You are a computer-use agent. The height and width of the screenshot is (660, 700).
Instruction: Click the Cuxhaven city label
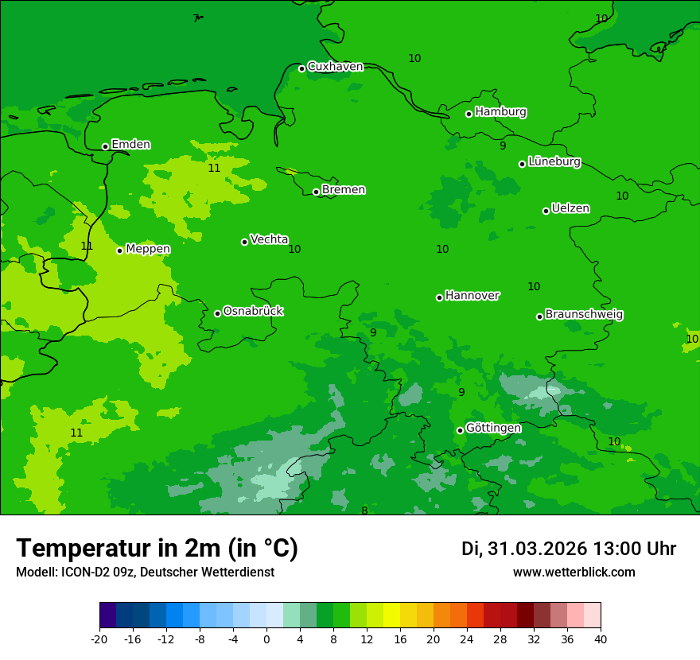pyautogui.click(x=335, y=67)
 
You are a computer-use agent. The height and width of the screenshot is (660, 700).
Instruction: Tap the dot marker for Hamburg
pyautogui.click(x=469, y=114)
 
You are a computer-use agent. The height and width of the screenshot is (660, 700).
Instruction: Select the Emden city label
pyautogui.click(x=130, y=145)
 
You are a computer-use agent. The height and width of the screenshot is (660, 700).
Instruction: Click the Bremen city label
pyautogui.click(x=344, y=190)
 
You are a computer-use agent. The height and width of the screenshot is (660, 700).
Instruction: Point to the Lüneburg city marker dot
pyautogui.click(x=523, y=164)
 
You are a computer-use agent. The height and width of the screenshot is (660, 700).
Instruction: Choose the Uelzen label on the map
pyautogui.click(x=570, y=209)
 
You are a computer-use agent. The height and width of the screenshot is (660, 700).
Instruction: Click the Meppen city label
pyautogui.click(x=148, y=249)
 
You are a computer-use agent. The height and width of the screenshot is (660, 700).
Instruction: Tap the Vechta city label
pyautogui.click(x=269, y=239)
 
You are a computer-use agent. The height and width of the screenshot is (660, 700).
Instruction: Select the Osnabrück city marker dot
pyautogui.click(x=218, y=313)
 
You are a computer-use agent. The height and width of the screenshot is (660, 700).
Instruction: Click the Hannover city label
pyautogui.click(x=472, y=296)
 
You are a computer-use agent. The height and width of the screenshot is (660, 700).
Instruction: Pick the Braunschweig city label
pyautogui.click(x=584, y=315)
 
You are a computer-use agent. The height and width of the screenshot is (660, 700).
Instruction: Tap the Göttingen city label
pyautogui.click(x=493, y=429)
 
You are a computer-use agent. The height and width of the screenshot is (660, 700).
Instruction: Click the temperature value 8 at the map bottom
pyautogui.click(x=364, y=511)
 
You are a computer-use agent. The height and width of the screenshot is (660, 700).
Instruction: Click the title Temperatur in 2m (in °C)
pyautogui.click(x=157, y=548)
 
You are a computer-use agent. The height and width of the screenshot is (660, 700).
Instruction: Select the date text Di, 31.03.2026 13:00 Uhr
pyautogui.click(x=568, y=549)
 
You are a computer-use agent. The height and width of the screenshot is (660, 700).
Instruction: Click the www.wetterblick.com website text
pyautogui.click(x=574, y=572)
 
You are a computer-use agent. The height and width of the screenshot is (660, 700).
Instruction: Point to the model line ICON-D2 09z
pyautogui.click(x=145, y=572)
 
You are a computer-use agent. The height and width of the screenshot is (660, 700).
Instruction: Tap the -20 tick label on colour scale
pyautogui.click(x=99, y=639)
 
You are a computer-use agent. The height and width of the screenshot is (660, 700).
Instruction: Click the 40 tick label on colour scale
pyautogui.click(x=601, y=639)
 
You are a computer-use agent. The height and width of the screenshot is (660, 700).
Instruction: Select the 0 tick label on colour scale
pyautogui.click(x=266, y=639)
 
